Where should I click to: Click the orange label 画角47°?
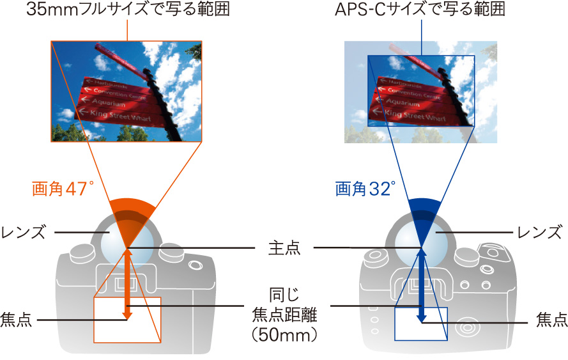click(63, 189)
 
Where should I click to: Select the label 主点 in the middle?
click(283, 249)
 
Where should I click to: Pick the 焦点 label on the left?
click(17, 318)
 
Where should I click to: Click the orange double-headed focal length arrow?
click(128, 281)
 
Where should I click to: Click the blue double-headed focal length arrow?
click(422, 281)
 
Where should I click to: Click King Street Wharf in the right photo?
click(415, 115)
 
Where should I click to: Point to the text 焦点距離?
click(283, 315)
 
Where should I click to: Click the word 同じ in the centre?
click(283, 297)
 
